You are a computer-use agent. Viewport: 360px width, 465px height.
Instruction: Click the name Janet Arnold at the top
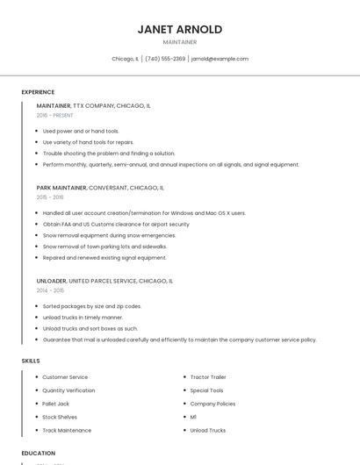click(179, 29)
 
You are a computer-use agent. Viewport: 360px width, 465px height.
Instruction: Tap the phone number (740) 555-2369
click(165, 59)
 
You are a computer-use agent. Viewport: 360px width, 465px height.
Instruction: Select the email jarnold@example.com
click(220, 59)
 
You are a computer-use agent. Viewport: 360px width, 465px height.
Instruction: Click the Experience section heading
click(38, 92)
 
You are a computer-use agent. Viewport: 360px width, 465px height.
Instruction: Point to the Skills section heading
click(31, 361)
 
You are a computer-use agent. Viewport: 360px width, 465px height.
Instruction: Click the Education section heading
click(38, 454)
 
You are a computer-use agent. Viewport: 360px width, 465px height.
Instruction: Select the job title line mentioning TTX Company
click(93, 105)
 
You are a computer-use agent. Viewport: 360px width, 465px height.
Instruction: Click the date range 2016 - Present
click(55, 115)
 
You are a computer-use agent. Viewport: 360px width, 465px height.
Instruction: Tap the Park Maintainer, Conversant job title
click(100, 188)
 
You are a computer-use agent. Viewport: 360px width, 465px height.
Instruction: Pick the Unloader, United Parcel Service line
click(104, 281)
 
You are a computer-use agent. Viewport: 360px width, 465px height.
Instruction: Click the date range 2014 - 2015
click(50, 290)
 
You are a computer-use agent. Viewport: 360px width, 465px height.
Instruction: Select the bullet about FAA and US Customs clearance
click(116, 224)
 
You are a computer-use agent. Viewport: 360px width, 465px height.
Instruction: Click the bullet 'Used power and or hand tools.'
click(81, 131)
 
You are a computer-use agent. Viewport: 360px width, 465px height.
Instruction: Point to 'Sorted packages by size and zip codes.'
click(92, 306)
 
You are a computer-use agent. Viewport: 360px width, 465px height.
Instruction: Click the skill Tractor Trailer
click(209, 377)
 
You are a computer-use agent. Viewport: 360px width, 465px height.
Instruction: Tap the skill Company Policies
click(212, 404)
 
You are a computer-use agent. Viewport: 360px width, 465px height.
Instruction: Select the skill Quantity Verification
click(68, 390)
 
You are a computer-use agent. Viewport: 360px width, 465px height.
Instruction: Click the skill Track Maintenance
click(67, 430)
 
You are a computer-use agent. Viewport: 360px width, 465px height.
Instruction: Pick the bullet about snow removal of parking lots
click(104, 247)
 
